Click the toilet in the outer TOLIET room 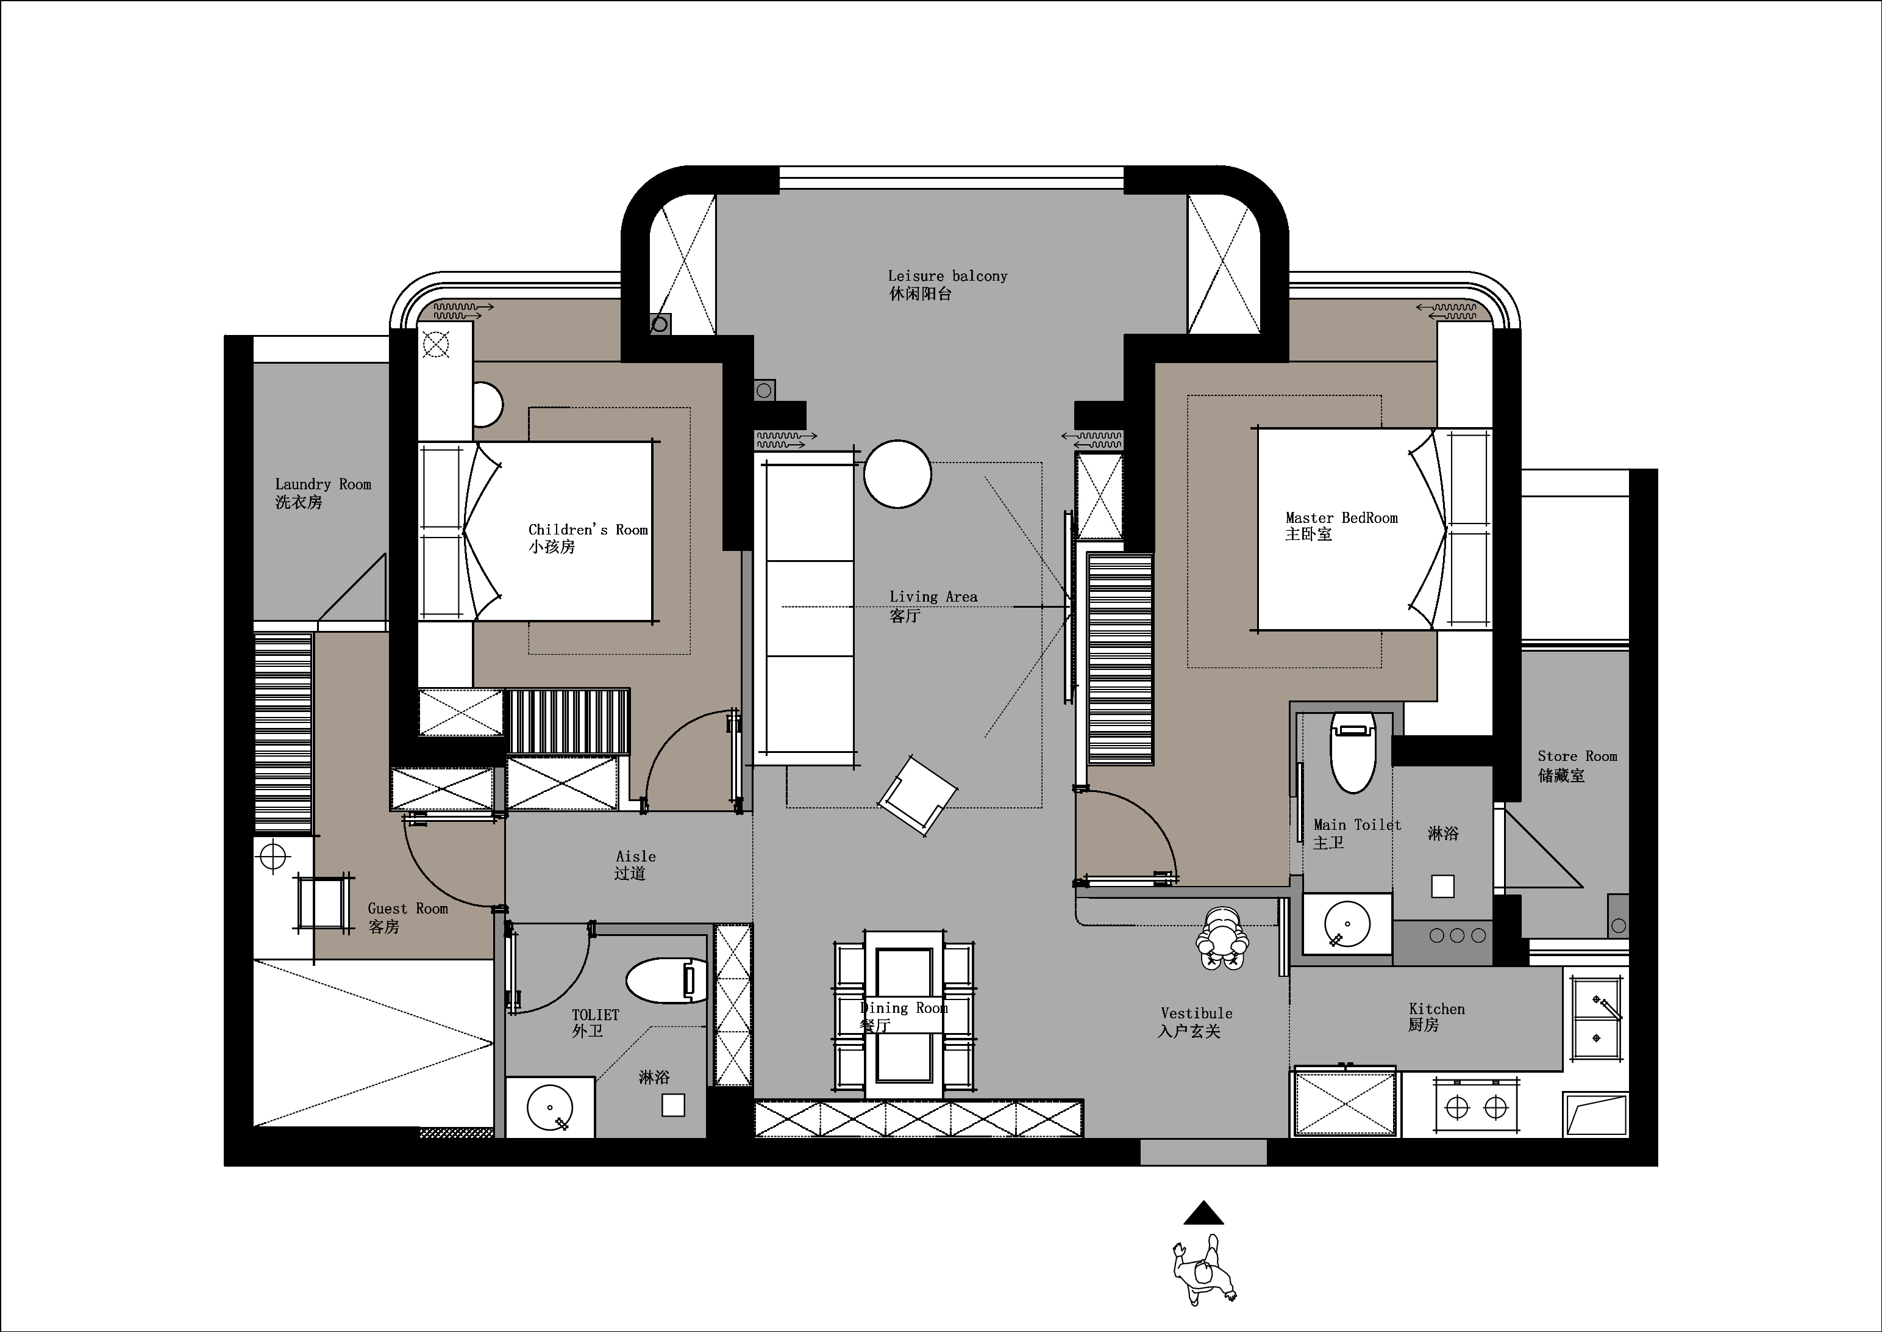[666, 980]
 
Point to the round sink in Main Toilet [1346, 924]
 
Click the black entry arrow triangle [1203, 1212]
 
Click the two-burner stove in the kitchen [1476, 1108]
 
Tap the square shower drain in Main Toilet [1442, 887]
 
